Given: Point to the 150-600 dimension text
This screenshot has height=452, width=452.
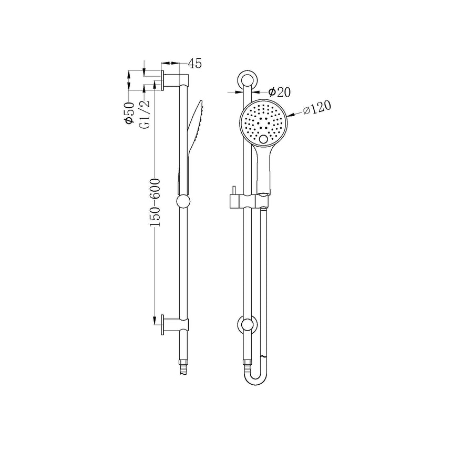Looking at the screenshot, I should point(156,202).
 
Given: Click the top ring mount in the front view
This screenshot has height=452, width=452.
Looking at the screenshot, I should point(246,80).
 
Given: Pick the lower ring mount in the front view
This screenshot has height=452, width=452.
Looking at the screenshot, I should point(246,324).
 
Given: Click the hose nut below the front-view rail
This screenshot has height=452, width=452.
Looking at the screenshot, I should point(246,361).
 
